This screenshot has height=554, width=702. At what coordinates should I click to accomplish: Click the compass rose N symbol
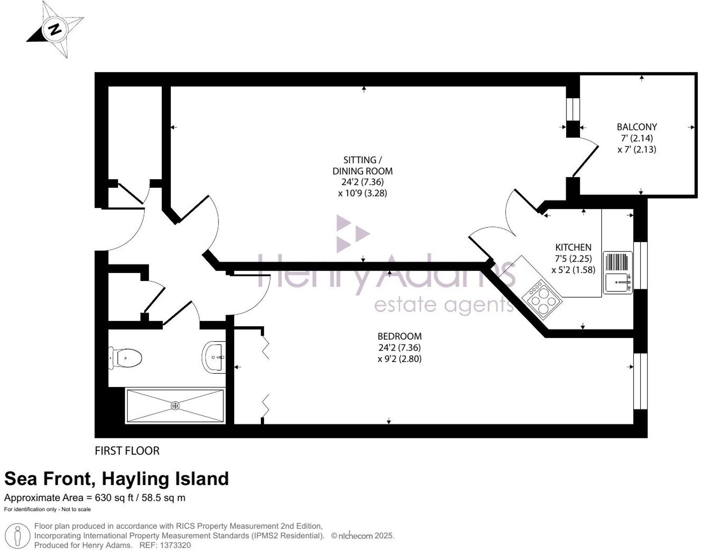55,30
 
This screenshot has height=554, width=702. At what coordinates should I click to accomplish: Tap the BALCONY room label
637,127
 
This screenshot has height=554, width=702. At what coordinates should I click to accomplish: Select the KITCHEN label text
573,247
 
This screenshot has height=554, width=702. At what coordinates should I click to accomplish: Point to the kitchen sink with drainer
618,272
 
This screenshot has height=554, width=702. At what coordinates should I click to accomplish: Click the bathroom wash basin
215,357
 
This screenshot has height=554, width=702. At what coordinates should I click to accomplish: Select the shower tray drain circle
175,406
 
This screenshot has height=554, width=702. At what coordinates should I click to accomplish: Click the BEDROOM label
399,336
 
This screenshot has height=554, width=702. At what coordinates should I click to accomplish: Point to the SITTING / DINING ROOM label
362,166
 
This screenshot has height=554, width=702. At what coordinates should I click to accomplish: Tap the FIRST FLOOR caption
127,451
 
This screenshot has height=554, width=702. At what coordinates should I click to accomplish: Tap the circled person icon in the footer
17,536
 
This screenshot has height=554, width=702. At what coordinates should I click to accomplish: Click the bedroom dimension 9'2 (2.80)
399,359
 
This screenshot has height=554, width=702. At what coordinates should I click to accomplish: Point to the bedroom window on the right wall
640,381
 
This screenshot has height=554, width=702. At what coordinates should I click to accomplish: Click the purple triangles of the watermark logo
350,234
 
